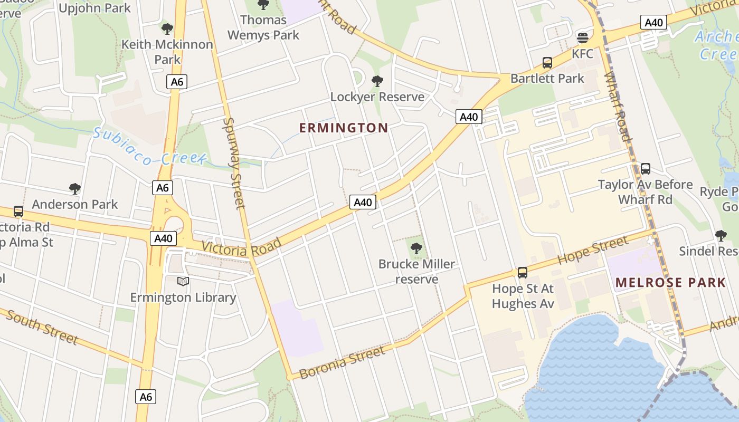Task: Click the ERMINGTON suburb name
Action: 344,128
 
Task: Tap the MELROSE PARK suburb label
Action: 670,282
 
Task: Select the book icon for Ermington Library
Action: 183,282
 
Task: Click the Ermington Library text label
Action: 183,298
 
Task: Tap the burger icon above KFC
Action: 583,37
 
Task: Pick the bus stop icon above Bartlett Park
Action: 547,63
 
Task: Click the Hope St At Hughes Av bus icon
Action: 523,273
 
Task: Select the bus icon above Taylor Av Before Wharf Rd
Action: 645,169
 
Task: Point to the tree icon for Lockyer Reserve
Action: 377,81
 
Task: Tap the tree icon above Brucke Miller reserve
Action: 416,248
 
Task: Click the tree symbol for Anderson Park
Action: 75,188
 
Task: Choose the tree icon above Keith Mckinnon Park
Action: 167,28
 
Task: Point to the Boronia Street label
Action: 342,362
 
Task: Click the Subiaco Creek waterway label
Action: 149,146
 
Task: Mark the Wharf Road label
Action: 618,107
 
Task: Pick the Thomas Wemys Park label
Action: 263,27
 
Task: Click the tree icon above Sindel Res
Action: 721,235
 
